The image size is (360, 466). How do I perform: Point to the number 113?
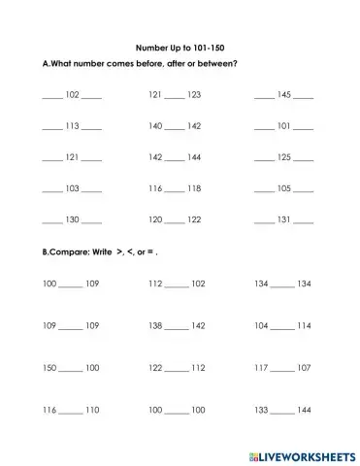tap(72, 126)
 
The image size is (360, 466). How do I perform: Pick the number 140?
tap(155, 126)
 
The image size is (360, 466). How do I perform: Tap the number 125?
tap(284, 157)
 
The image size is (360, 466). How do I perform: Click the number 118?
tap(194, 188)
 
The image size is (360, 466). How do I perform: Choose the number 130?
tap(72, 220)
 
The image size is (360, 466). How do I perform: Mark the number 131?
tap(284, 220)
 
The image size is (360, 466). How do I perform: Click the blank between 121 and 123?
tap(175, 96)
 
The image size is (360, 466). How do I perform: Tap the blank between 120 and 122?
tap(175, 221)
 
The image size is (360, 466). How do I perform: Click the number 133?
tap(262, 412)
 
